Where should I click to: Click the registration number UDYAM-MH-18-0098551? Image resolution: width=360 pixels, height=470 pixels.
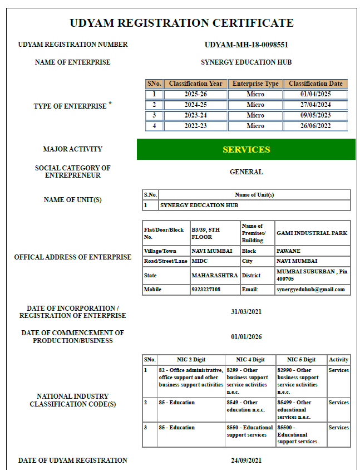pyautogui.click(x=246, y=45)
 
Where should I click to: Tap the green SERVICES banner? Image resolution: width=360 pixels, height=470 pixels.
pyautogui.click(x=246, y=149)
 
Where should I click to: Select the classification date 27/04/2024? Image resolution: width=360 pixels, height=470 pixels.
pyautogui.click(x=315, y=105)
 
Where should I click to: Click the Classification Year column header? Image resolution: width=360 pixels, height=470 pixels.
pyautogui.click(x=195, y=84)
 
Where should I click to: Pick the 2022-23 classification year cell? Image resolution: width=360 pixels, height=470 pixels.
pyautogui.click(x=195, y=126)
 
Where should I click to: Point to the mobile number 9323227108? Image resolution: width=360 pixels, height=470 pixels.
pyautogui.click(x=206, y=290)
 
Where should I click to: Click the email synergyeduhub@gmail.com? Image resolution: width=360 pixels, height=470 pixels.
pyautogui.click(x=310, y=290)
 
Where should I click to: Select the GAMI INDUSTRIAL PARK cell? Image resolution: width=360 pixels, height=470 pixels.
pyautogui.click(x=312, y=233)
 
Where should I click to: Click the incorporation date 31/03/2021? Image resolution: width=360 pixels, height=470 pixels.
pyautogui.click(x=246, y=311)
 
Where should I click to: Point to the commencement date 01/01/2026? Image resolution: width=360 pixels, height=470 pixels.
pyautogui.click(x=246, y=337)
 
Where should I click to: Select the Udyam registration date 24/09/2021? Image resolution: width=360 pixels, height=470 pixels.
pyautogui.click(x=246, y=461)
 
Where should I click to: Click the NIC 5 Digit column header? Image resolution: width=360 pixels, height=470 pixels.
pyautogui.click(x=301, y=360)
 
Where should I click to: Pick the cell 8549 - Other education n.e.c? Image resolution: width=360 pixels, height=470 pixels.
pyautogui.click(x=250, y=406)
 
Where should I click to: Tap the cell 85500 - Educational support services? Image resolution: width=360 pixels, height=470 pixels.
pyautogui.click(x=300, y=434)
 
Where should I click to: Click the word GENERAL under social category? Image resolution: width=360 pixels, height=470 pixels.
pyautogui.click(x=246, y=172)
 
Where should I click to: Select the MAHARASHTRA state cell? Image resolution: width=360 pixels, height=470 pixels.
pyautogui.click(x=215, y=276)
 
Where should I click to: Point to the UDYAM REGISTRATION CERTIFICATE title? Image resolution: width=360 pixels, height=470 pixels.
pyautogui.click(x=181, y=23)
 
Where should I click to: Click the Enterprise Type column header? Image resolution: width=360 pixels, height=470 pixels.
pyautogui.click(x=255, y=84)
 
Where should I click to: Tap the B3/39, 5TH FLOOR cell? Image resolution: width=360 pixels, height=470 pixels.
pyautogui.click(x=206, y=233)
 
